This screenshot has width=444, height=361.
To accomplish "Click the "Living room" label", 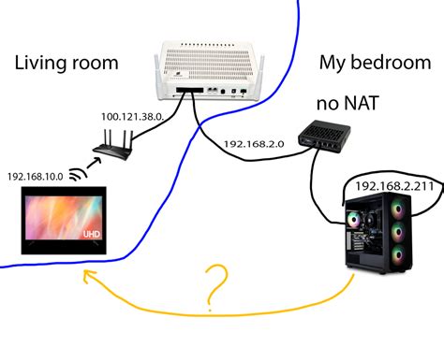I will click(67, 64).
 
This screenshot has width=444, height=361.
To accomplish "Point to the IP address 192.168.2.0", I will click(255, 145).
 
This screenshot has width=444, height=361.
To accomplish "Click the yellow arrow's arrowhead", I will click(87, 274).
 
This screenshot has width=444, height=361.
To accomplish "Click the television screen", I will click(65, 220).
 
